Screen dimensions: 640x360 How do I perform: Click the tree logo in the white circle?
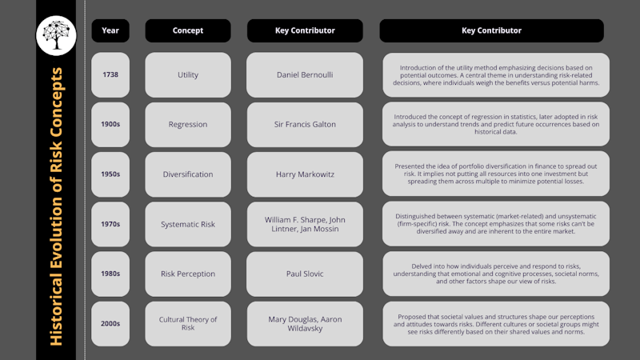pyautogui.click(x=56, y=35)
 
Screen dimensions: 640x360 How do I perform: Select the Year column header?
pyautogui.click(x=110, y=30)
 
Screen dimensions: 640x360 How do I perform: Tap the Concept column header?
pyautogui.click(x=188, y=30)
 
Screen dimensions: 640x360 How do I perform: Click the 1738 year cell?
pyautogui.click(x=110, y=74)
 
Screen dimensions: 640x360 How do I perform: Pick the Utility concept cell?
pyautogui.click(x=188, y=74)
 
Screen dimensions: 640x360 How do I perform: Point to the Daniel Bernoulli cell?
pyautogui.click(x=305, y=74)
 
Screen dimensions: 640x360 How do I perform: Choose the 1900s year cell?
pyautogui.click(x=110, y=125)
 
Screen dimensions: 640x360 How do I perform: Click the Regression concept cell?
pyautogui.click(x=188, y=125)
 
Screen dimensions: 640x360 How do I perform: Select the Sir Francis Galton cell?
pyautogui.click(x=305, y=125)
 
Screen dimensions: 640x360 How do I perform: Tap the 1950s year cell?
pyautogui.click(x=110, y=174)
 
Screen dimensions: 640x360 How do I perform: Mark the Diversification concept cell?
pyautogui.click(x=188, y=174)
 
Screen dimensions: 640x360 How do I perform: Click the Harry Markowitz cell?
pyautogui.click(x=305, y=174)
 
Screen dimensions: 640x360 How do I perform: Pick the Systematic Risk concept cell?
pyautogui.click(x=188, y=224)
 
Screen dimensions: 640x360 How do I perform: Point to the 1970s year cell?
pyautogui.click(x=110, y=224)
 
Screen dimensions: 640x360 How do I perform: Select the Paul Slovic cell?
pyautogui.click(x=305, y=274)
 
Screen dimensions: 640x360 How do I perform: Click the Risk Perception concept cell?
pyautogui.click(x=188, y=274)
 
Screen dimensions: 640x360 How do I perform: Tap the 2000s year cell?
pyautogui.click(x=110, y=324)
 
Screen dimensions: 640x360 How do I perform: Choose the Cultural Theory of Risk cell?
pyautogui.click(x=188, y=324)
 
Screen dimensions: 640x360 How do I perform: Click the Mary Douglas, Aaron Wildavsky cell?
pyautogui.click(x=305, y=324)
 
